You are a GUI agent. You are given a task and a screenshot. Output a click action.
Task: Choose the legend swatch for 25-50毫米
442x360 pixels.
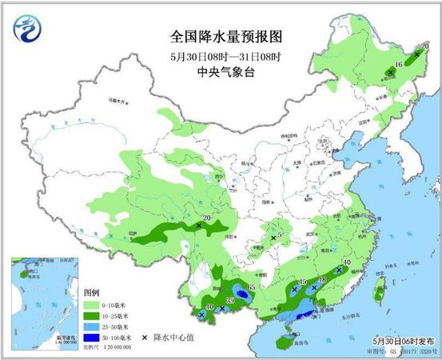tap(91, 328)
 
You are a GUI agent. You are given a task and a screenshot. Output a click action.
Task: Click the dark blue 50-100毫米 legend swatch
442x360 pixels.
tap(91, 339)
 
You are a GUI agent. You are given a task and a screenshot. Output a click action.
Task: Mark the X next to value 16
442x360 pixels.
tap(390, 73)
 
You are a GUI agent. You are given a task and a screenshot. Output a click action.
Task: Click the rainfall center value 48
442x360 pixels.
tap(322, 281)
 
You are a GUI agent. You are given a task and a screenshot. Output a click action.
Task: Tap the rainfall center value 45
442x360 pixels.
tap(302, 282)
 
